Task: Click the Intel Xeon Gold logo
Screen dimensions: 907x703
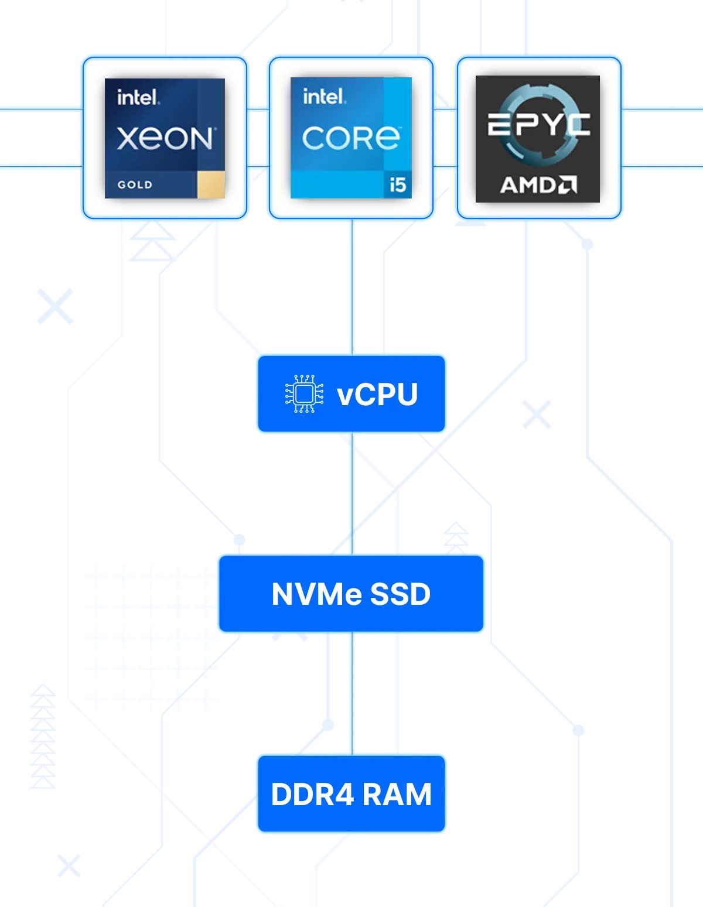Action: [x=165, y=138]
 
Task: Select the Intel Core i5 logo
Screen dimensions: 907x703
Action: [x=351, y=138]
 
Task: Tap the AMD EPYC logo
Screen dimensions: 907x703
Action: [x=538, y=139]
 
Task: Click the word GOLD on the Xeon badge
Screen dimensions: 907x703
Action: [x=135, y=185]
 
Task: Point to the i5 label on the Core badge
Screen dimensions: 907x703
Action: [x=398, y=185]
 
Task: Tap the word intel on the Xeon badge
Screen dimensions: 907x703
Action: [x=137, y=97]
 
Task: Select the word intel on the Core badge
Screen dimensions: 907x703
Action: [x=324, y=96]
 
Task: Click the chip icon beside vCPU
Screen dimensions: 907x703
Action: [x=304, y=394]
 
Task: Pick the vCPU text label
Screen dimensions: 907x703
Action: [x=377, y=395]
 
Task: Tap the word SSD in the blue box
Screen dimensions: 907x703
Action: [x=401, y=594]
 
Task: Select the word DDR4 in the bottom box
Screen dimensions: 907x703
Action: [x=313, y=795]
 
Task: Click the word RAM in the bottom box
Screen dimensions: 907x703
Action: [x=397, y=795]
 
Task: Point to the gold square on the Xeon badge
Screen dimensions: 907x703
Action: [x=211, y=185]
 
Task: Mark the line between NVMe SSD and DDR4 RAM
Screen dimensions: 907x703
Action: [x=351, y=694]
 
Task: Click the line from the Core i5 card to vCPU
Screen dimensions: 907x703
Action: [x=351, y=287]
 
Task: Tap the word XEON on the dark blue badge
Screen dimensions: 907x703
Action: [x=165, y=139]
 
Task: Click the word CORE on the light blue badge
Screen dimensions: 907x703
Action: [x=351, y=138]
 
